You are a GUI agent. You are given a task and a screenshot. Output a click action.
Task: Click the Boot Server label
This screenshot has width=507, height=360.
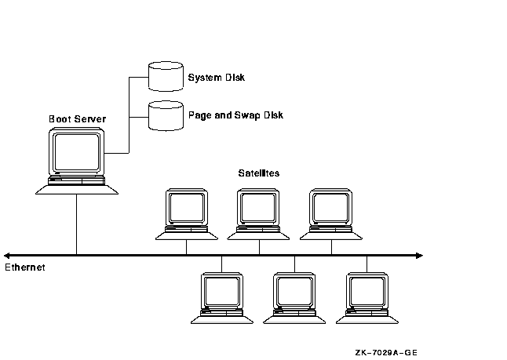(77, 119)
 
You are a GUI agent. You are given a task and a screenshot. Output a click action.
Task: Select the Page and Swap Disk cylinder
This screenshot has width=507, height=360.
(165, 115)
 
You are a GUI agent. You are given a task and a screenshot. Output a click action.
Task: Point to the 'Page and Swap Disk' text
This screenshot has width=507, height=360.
(235, 115)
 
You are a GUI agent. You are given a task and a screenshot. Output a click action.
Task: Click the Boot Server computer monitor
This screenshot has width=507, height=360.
(77, 153)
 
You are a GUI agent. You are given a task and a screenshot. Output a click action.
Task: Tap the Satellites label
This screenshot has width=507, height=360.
(259, 173)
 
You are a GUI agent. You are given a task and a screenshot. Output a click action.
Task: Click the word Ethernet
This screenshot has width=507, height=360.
(25, 267)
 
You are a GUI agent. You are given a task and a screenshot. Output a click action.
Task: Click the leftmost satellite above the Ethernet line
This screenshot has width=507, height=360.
(187, 209)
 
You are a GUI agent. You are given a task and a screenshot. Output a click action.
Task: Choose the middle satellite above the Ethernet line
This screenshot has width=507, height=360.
(259, 209)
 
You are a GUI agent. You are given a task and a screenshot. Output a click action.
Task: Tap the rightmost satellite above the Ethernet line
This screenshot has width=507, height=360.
(331, 209)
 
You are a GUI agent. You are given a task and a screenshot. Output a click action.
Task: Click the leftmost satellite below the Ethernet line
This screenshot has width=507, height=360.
(222, 293)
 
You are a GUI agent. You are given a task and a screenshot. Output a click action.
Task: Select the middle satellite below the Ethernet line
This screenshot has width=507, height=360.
(294, 293)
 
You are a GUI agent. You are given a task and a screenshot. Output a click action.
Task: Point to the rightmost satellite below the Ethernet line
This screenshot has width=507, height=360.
(367, 293)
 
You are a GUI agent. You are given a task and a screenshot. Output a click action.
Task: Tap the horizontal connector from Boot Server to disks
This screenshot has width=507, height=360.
(118, 152)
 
